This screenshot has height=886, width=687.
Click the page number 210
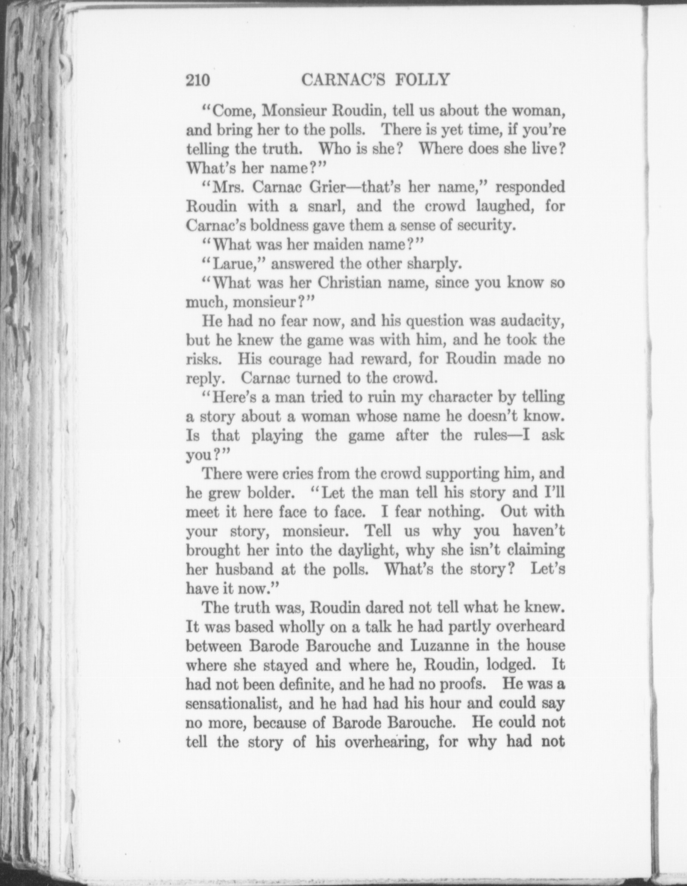pos(198,80)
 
